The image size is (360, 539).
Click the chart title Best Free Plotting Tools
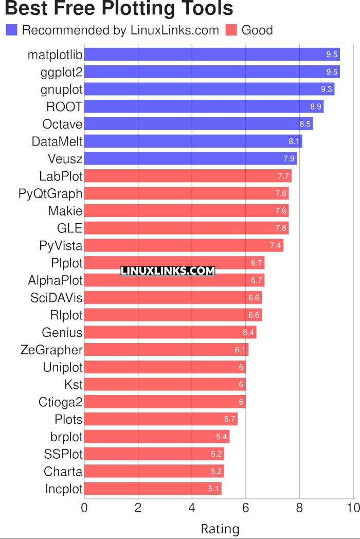coord(119,9)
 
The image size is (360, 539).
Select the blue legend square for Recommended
coord(11,30)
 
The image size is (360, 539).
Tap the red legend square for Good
coord(231,30)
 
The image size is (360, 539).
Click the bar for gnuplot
coord(209,89)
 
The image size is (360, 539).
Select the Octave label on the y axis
coord(62,124)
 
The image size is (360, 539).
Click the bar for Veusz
coord(190,158)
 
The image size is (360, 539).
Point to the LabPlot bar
coord(188,176)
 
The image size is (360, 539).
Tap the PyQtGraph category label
coord(50,193)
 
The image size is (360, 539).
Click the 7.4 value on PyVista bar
coord(275,245)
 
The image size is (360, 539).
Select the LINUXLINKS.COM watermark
coord(168,271)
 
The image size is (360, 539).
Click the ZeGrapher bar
coord(166,350)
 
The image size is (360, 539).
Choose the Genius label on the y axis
coord(62,332)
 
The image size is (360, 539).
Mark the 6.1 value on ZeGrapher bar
coord(240,350)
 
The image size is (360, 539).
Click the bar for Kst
coord(165,384)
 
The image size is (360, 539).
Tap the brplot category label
coord(66,437)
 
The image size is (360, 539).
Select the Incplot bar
coord(153,489)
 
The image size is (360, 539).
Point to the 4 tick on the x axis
coord(192,508)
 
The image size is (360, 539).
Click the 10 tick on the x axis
coord(353,508)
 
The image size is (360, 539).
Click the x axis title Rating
coord(220,529)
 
